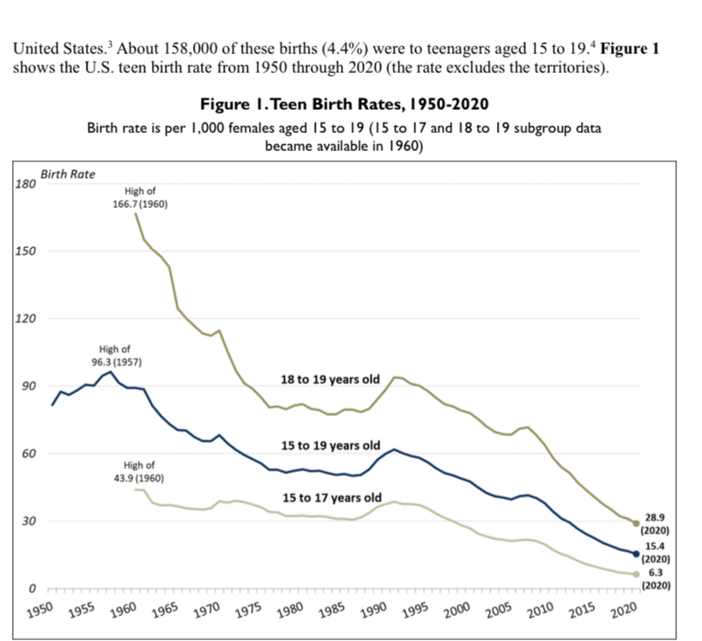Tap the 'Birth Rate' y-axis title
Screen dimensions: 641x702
(x=68, y=174)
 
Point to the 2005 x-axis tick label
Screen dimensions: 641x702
(x=498, y=611)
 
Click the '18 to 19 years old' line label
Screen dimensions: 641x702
(x=330, y=379)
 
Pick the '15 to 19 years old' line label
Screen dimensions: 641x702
(x=330, y=446)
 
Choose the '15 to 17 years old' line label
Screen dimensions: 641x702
(x=332, y=498)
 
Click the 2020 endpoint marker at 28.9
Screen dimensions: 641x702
(x=636, y=523)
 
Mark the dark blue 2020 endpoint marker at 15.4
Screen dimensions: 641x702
(x=636, y=553)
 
